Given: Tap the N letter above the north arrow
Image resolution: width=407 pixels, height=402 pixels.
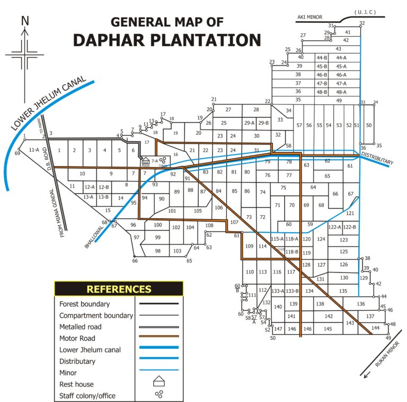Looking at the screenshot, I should click(24, 21).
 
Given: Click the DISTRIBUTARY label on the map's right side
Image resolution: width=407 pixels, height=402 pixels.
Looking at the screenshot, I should click(377, 158).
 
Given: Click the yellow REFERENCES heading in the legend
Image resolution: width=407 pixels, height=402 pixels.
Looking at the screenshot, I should click(119, 289).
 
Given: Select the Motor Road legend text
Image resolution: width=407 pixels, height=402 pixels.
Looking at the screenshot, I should click(77, 338).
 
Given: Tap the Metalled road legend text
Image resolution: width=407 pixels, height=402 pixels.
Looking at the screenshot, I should click(81, 327).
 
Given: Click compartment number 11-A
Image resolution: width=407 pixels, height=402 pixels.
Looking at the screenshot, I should click(34, 150).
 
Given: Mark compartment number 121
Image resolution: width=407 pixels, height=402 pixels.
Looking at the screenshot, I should click(350, 213).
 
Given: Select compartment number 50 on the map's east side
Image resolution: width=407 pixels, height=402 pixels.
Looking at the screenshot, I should click(369, 125).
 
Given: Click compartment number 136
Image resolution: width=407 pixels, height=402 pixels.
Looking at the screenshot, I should click(360, 304).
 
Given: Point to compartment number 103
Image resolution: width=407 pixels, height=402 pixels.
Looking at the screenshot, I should click(177, 251).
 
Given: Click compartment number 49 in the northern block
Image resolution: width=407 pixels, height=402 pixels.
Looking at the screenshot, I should click(339, 100).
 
